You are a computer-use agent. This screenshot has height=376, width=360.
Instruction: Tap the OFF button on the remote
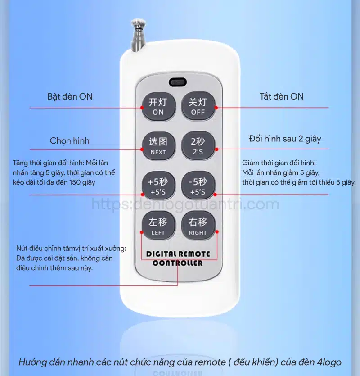pos(198,106)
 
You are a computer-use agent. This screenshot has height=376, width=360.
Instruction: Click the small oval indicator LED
pos(178,82)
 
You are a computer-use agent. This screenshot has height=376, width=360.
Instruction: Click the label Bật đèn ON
pos(70,96)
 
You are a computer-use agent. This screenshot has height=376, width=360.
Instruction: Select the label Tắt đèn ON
pos(281,96)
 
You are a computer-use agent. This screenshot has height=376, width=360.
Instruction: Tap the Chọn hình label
pos(69,141)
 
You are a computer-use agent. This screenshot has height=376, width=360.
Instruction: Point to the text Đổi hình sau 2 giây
pos(285,139)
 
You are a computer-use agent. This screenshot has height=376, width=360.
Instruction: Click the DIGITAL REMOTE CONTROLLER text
pos(178,258)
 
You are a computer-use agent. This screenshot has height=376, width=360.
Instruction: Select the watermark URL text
pos(185,204)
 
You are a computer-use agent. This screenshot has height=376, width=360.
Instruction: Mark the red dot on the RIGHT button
pos(217,232)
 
